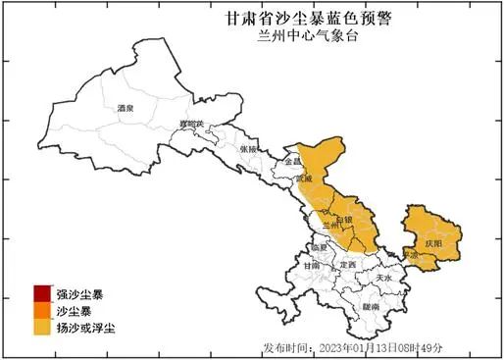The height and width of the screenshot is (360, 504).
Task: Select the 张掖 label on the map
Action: (248, 149)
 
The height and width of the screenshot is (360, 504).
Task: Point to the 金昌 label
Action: (291, 160)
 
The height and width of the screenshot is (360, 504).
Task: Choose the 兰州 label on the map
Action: (332, 227)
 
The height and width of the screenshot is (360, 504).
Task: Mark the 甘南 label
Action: (311, 265)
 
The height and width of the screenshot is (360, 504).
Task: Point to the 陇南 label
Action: (370, 307)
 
